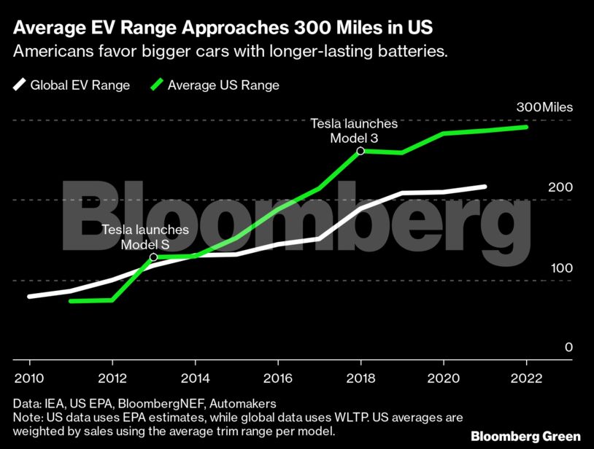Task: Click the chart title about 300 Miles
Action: pyautogui.click(x=223, y=28)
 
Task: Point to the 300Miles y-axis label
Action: pyautogui.click(x=544, y=107)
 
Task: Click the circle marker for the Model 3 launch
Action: pyautogui.click(x=360, y=151)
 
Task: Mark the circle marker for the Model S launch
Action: pyautogui.click(x=153, y=257)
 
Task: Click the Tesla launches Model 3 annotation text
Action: pyautogui.click(x=354, y=131)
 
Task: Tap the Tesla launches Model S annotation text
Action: pyautogui.click(x=145, y=237)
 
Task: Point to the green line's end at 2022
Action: pyautogui.click(x=526, y=127)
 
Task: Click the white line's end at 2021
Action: pyautogui.click(x=485, y=187)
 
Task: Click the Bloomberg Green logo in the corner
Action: pyautogui.click(x=525, y=436)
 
